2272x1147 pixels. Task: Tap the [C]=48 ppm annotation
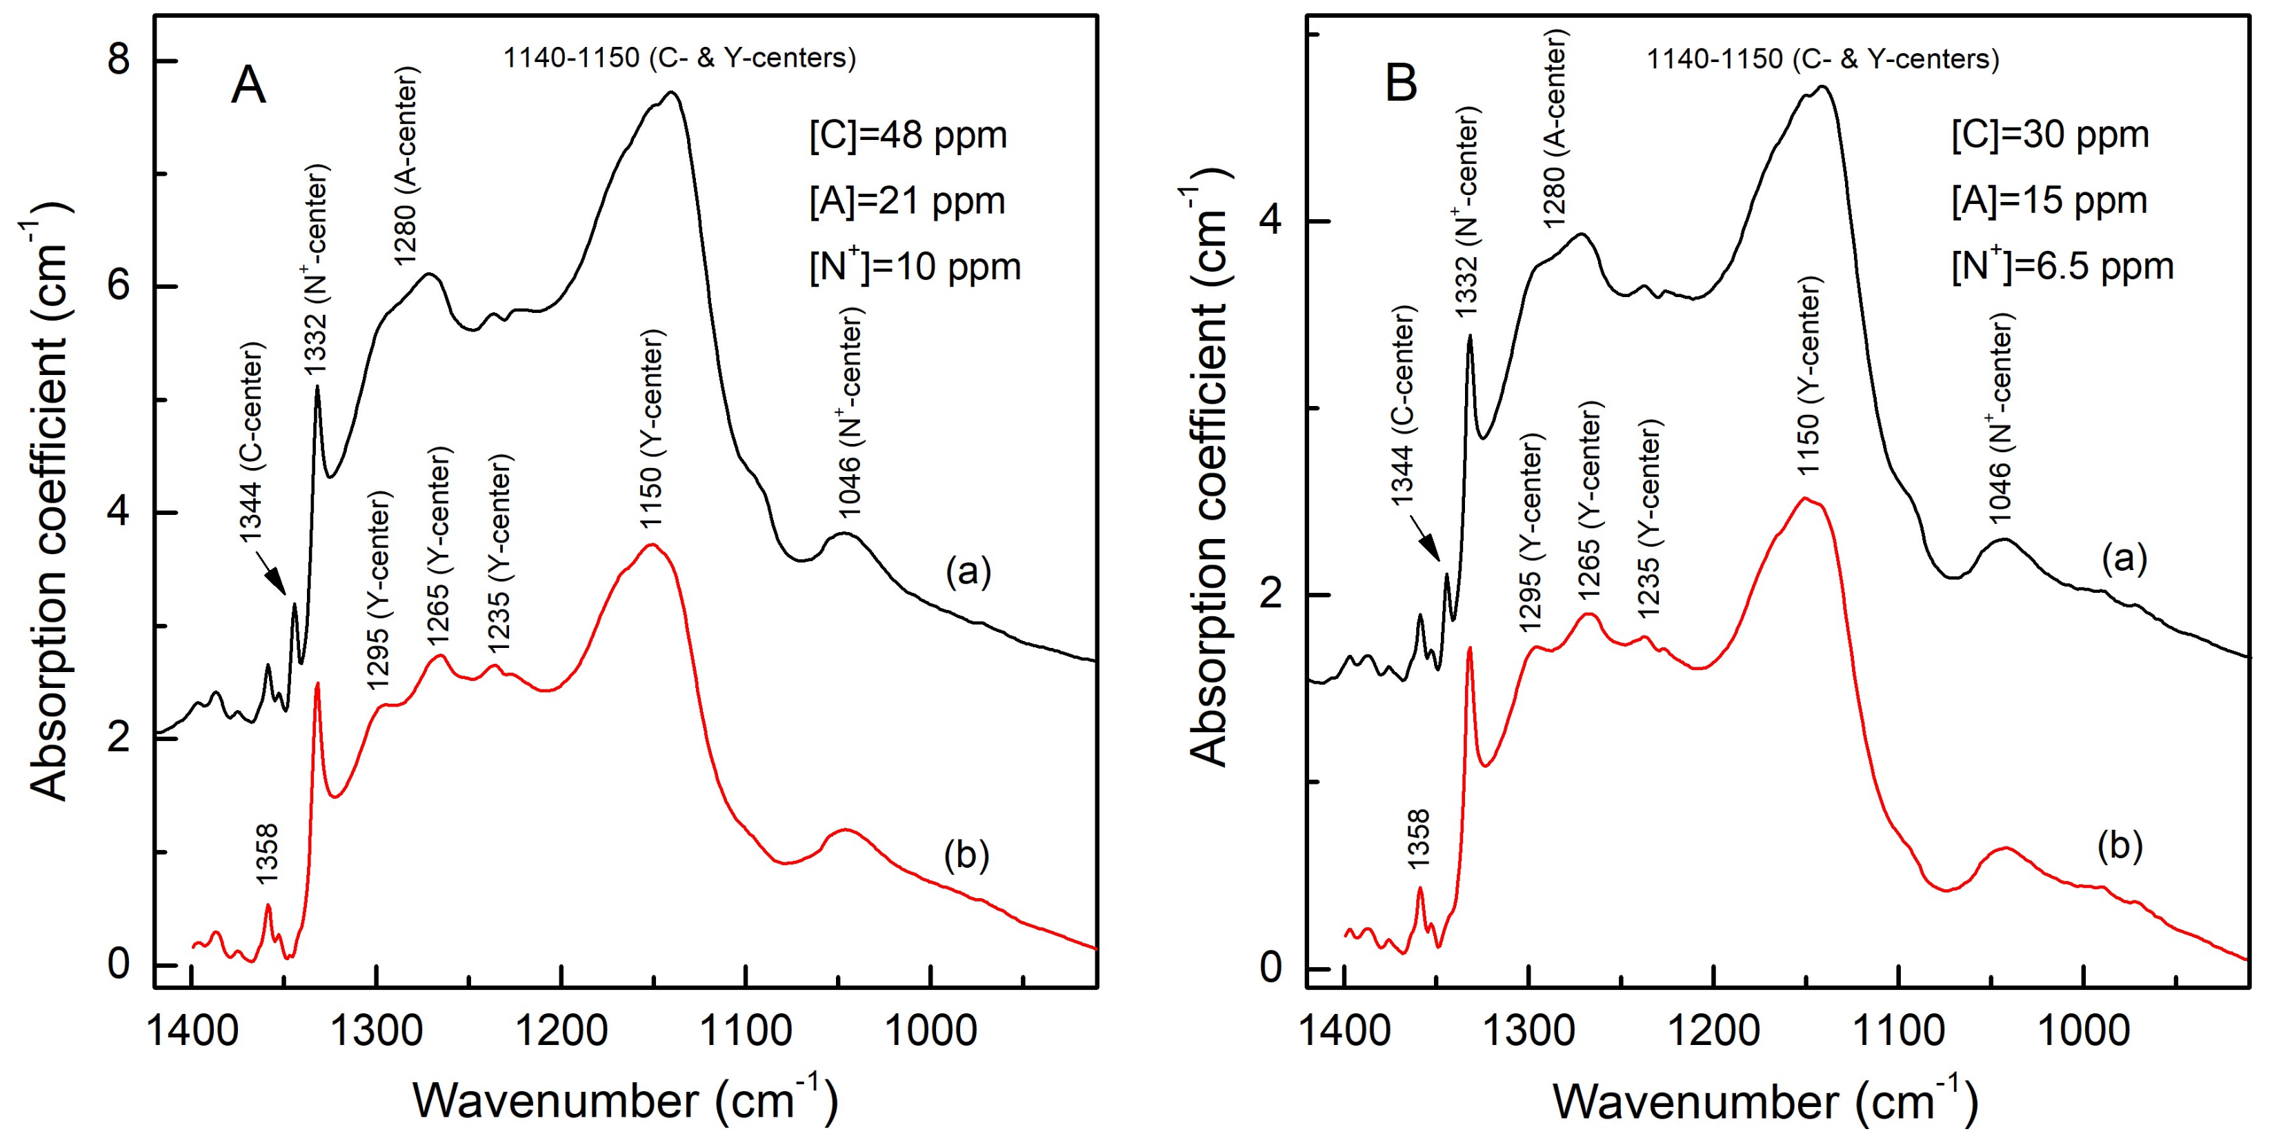(908, 136)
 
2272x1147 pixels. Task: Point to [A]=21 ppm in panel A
(907, 202)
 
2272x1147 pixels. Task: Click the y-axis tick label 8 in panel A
(117, 60)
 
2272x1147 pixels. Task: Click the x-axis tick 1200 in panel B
(1714, 1030)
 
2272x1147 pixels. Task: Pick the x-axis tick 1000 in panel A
(930, 1030)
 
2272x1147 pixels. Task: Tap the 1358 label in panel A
(266, 853)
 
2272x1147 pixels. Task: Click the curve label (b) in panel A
(966, 855)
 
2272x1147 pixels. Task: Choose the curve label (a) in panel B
(2124, 558)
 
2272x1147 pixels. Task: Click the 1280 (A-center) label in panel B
(1556, 128)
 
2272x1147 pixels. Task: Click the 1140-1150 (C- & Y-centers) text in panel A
(679, 58)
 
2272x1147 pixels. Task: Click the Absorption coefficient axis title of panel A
(48, 503)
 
